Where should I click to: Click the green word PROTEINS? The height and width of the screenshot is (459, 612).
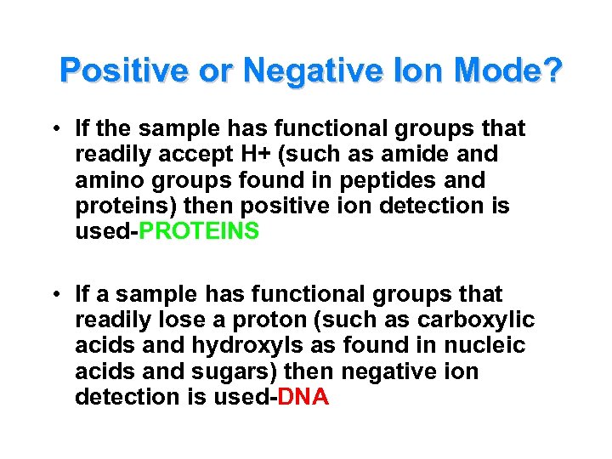click(x=200, y=232)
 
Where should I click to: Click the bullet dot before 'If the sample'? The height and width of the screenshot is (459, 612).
click(x=54, y=130)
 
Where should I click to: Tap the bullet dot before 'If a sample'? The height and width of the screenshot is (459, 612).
click(x=54, y=295)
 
